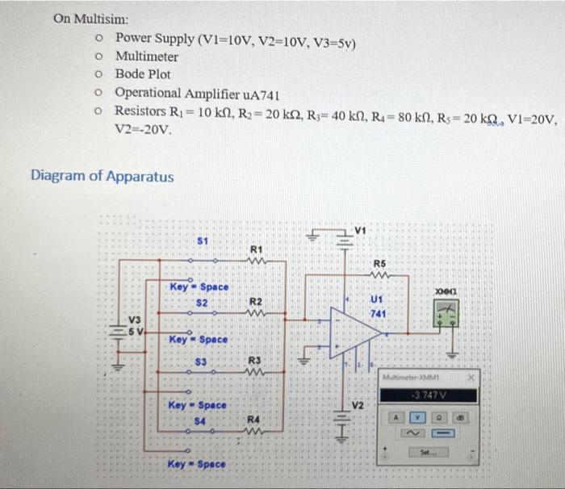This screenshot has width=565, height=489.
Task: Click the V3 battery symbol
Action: coord(120,332)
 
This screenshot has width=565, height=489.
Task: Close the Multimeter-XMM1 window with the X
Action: coord(475,376)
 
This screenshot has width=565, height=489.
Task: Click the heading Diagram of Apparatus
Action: coord(102,175)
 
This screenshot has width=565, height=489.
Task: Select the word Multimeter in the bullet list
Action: coord(147,56)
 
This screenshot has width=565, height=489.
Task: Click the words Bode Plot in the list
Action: coord(143,74)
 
